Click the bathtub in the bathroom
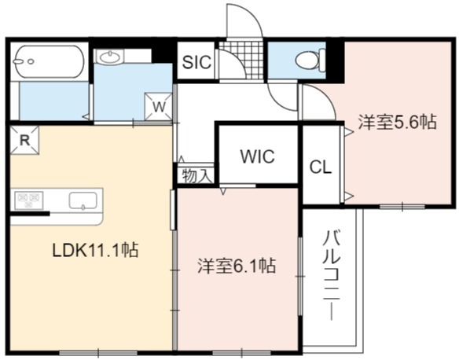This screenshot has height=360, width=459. (49, 61)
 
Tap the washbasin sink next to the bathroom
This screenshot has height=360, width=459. (110, 57)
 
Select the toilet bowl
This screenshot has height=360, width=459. (310, 61)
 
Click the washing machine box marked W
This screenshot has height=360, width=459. (159, 107)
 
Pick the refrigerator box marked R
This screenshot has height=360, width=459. (24, 140)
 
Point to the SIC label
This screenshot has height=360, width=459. (196, 62)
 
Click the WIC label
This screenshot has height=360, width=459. (258, 156)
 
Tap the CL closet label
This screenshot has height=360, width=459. (321, 167)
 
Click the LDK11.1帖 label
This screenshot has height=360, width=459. (95, 251)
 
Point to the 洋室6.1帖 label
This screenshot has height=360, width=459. (237, 266)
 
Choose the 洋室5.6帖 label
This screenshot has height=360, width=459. (398, 122)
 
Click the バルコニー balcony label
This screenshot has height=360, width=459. (332, 275)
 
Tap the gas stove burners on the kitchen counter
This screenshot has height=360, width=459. (28, 200)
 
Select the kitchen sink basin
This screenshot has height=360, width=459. (83, 200)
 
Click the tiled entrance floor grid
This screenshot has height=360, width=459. (242, 60)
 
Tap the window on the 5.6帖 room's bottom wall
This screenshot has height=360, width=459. (402, 207)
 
